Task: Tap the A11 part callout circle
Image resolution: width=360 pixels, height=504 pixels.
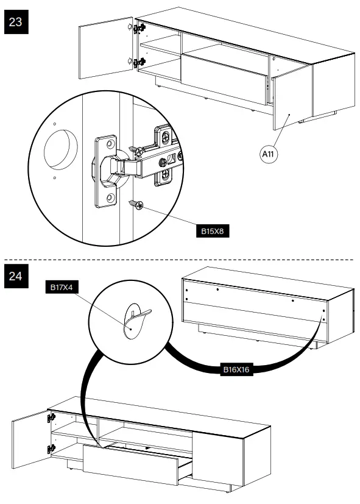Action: [x=269, y=154]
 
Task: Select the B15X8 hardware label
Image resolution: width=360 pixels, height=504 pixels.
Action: [x=212, y=232]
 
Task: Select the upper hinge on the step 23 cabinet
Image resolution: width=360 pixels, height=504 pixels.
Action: [x=140, y=28]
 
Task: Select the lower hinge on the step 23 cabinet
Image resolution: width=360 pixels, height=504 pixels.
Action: [x=140, y=62]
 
